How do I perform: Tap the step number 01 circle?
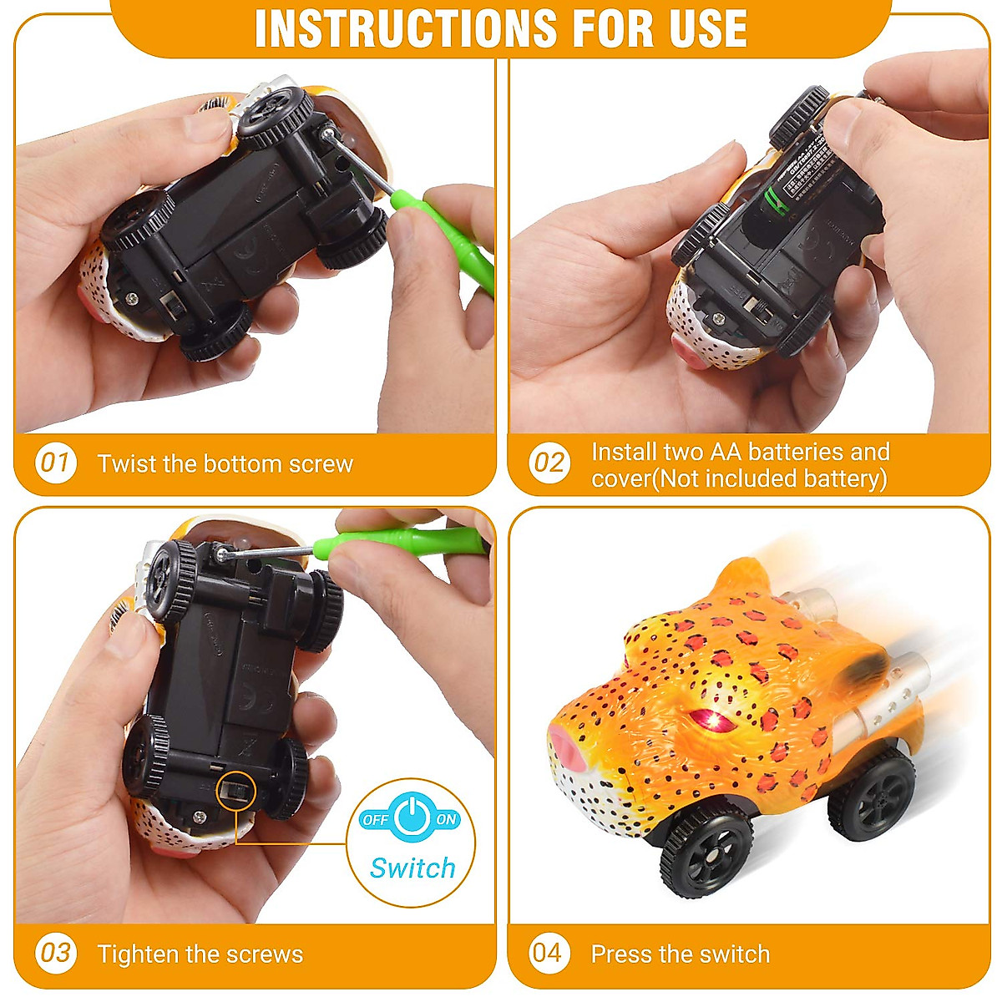pyautogui.click(x=55, y=462)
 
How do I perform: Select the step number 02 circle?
pyautogui.click(x=549, y=463)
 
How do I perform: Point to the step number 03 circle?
pyautogui.click(x=55, y=953)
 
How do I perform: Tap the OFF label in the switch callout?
pyautogui.click(x=376, y=820)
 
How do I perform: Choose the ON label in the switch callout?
pyautogui.click(x=446, y=819)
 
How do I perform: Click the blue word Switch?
pyautogui.click(x=412, y=868)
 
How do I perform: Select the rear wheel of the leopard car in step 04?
pyautogui.click(x=872, y=797)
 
